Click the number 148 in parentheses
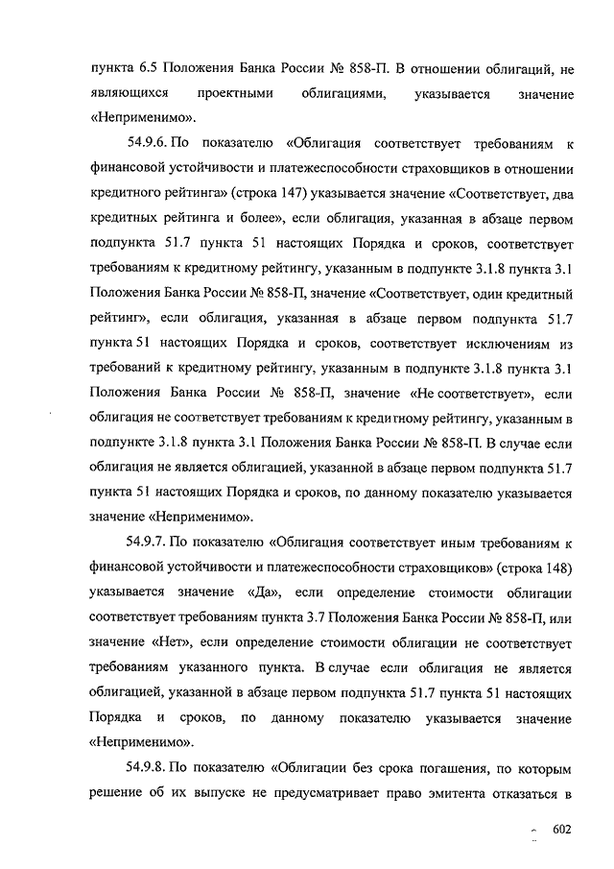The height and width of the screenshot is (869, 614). point(552,567)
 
